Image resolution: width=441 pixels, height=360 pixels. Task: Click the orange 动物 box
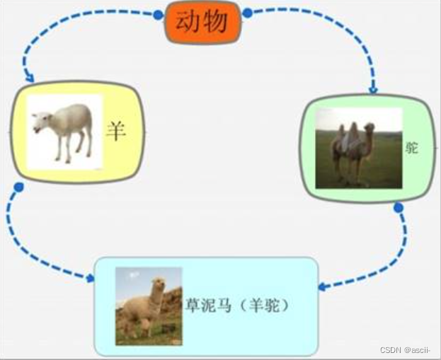pos(202,22)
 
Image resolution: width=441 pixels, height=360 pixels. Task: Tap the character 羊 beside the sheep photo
pos(116,132)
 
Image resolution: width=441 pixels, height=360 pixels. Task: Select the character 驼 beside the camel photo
pos(411,147)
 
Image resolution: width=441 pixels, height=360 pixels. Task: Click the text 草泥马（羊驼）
pos(237,306)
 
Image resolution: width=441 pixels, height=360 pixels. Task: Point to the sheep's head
pos(40,122)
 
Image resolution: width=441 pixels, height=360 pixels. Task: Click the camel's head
pos(370,128)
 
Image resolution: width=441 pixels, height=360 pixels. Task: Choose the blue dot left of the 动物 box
pos(159,15)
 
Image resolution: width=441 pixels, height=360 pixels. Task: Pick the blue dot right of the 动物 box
pos(248,13)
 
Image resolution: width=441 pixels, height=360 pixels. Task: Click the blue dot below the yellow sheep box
pos(19,187)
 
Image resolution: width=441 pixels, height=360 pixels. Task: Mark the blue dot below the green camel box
pos(399,208)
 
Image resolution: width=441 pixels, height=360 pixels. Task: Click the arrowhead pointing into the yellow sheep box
pos(30,78)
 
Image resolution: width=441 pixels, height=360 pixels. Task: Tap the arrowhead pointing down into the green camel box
pos(373,89)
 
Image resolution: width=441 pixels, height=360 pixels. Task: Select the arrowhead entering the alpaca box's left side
pos(90,278)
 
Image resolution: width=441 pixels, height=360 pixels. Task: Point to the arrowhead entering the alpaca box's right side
pos(322,287)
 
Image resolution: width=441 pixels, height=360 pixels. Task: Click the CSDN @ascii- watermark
pos(405,350)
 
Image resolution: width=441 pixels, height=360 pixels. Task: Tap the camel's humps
pos(348,133)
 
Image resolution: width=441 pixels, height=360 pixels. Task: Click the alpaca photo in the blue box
pos(149,306)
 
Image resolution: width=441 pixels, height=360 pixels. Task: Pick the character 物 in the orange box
pos(215,22)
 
